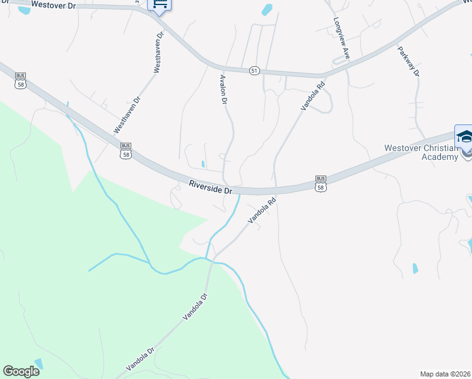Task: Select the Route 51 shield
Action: coord(254,71)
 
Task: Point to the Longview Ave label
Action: coord(342,38)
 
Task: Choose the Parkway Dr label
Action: coord(408,61)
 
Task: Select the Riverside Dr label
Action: coord(211,187)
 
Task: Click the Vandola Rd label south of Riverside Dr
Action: coord(263,212)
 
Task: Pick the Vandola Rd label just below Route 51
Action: coord(312,95)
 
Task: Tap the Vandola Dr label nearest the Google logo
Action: coord(139,359)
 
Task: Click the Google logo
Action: coord(21,371)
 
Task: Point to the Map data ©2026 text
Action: coord(445,373)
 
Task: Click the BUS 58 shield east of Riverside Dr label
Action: coord(321,184)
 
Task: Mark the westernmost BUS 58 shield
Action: coord(20,80)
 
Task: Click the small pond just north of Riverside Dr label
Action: coord(203,164)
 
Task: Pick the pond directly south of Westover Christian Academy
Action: coord(415,268)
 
